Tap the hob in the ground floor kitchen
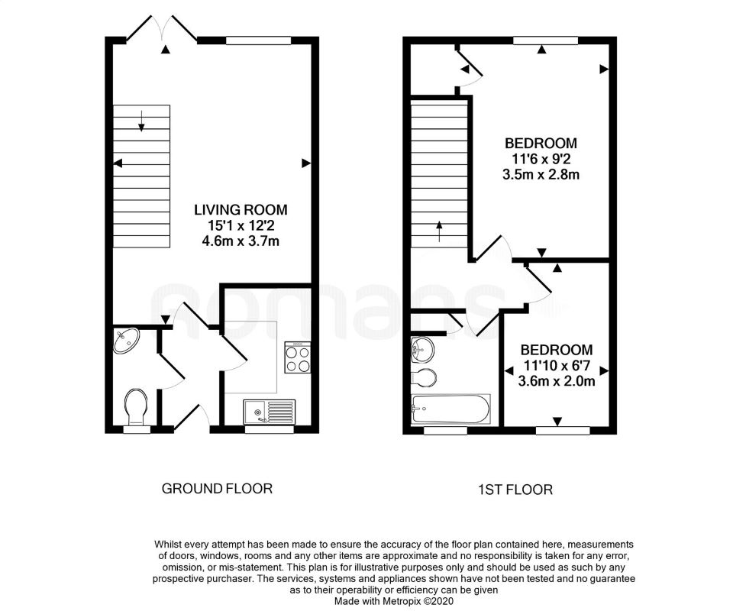(x=298, y=357)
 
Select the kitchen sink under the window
(x=269, y=411)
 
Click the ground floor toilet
(x=137, y=406)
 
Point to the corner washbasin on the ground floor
(x=125, y=341)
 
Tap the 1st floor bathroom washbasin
(x=421, y=351)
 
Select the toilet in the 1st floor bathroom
(x=424, y=377)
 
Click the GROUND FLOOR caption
(x=217, y=488)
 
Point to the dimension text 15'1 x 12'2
(x=241, y=226)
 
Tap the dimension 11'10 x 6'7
(x=557, y=365)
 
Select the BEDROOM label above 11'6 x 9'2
(x=541, y=143)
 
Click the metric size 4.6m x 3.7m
(x=241, y=241)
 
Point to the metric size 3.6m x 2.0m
(x=557, y=380)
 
